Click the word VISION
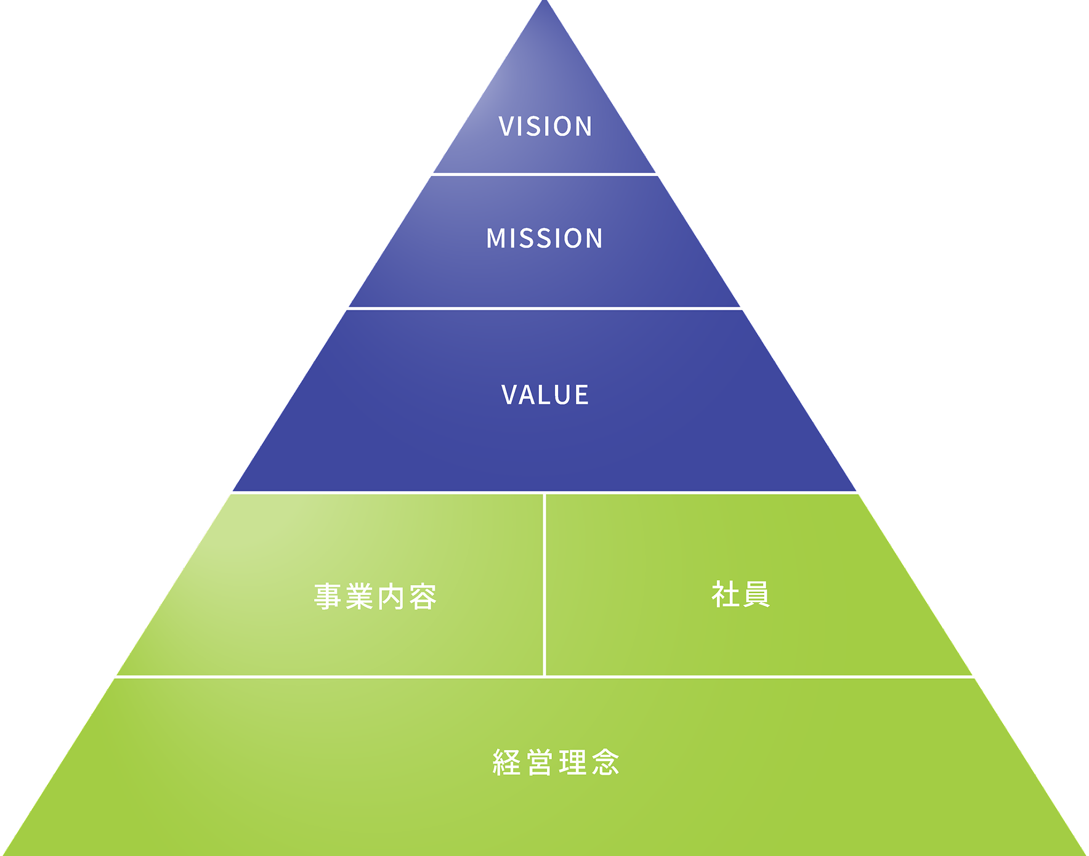pos(545,126)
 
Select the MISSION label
pos(544,238)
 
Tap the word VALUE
pos(545,395)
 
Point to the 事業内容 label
pos(375,596)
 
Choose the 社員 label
pos(740,594)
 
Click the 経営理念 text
pos(556,762)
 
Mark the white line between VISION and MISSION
pos(544,174)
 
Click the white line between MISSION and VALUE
pos(544,308)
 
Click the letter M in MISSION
pos(496,238)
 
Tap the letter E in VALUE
pos(581,395)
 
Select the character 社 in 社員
pos(725,594)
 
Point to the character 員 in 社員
pos(756,594)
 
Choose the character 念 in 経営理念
pos(605,762)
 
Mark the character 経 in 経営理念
pos(506,762)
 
